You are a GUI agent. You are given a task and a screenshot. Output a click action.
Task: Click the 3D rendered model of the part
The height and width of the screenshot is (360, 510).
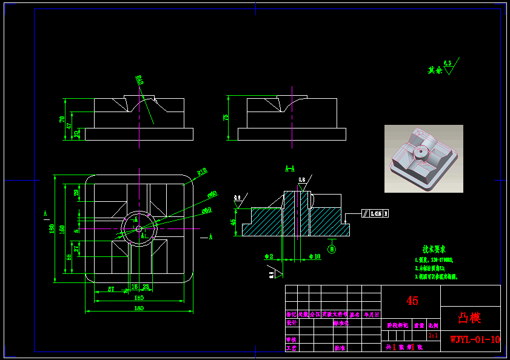[x=423, y=159]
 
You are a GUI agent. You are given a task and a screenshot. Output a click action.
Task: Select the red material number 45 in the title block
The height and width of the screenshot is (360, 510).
[x=412, y=301]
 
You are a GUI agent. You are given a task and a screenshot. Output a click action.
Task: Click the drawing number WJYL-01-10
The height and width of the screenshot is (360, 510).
[x=475, y=339]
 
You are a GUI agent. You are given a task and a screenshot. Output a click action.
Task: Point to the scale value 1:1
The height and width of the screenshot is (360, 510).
[x=433, y=335]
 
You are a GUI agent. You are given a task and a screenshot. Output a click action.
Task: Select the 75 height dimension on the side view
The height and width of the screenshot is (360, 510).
[x=227, y=117]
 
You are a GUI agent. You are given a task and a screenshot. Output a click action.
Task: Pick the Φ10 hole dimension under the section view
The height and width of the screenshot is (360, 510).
[x=314, y=257]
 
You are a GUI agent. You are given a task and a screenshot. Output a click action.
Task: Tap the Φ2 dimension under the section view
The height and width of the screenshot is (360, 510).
[x=269, y=257]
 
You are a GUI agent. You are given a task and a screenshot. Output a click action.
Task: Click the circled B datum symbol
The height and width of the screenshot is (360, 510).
[x=332, y=248]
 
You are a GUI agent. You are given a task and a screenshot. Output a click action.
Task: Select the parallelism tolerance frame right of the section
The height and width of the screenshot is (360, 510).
[x=375, y=213]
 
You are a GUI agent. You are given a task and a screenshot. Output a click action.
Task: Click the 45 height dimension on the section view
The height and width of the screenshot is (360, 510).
[x=233, y=221]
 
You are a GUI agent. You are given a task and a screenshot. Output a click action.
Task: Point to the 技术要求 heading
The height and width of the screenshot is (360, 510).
[x=434, y=249]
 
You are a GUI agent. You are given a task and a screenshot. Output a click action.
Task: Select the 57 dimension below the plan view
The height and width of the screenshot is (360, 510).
[x=111, y=288]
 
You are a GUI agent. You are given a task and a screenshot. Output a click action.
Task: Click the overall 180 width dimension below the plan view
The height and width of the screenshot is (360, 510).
[x=139, y=308]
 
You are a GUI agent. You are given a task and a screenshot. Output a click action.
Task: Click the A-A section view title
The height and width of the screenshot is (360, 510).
[x=290, y=168]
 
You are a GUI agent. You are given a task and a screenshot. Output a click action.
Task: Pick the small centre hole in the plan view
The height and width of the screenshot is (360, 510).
[x=139, y=228]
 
